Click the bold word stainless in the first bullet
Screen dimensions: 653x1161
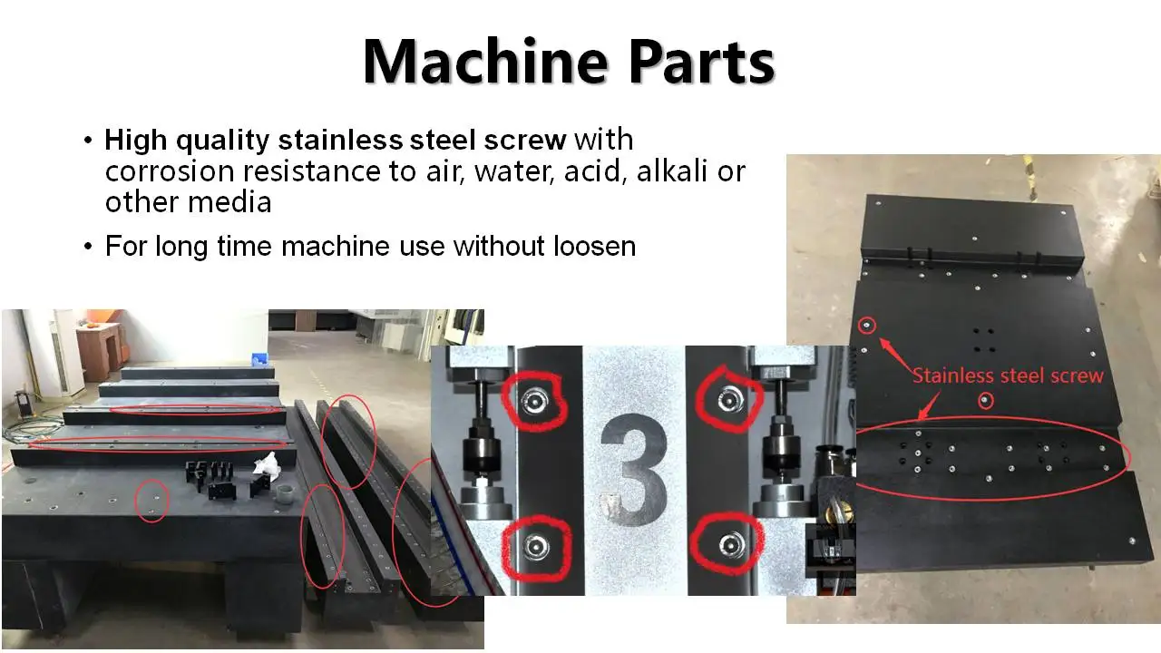pyautogui.click(x=337, y=141)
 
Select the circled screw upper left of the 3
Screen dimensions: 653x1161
pyautogui.click(x=534, y=399)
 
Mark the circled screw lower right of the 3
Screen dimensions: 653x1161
pyautogui.click(x=727, y=545)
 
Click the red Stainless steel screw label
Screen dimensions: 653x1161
pyautogui.click(x=1007, y=375)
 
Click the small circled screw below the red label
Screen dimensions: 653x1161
pyautogui.click(x=985, y=400)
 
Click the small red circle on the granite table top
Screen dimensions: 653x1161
pyautogui.click(x=151, y=500)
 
